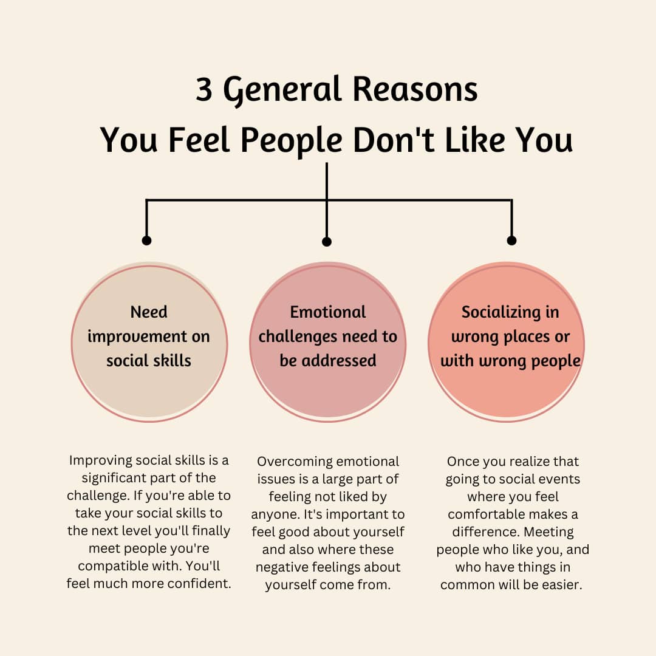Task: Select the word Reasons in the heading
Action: coord(415,89)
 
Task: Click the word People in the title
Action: coord(292,142)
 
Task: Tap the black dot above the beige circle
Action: coord(146,241)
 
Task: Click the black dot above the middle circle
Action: coord(327,242)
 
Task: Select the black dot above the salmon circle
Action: coord(511,241)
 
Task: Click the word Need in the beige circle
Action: coord(149,312)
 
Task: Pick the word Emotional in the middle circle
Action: coord(328,312)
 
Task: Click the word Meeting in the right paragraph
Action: coord(544,532)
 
